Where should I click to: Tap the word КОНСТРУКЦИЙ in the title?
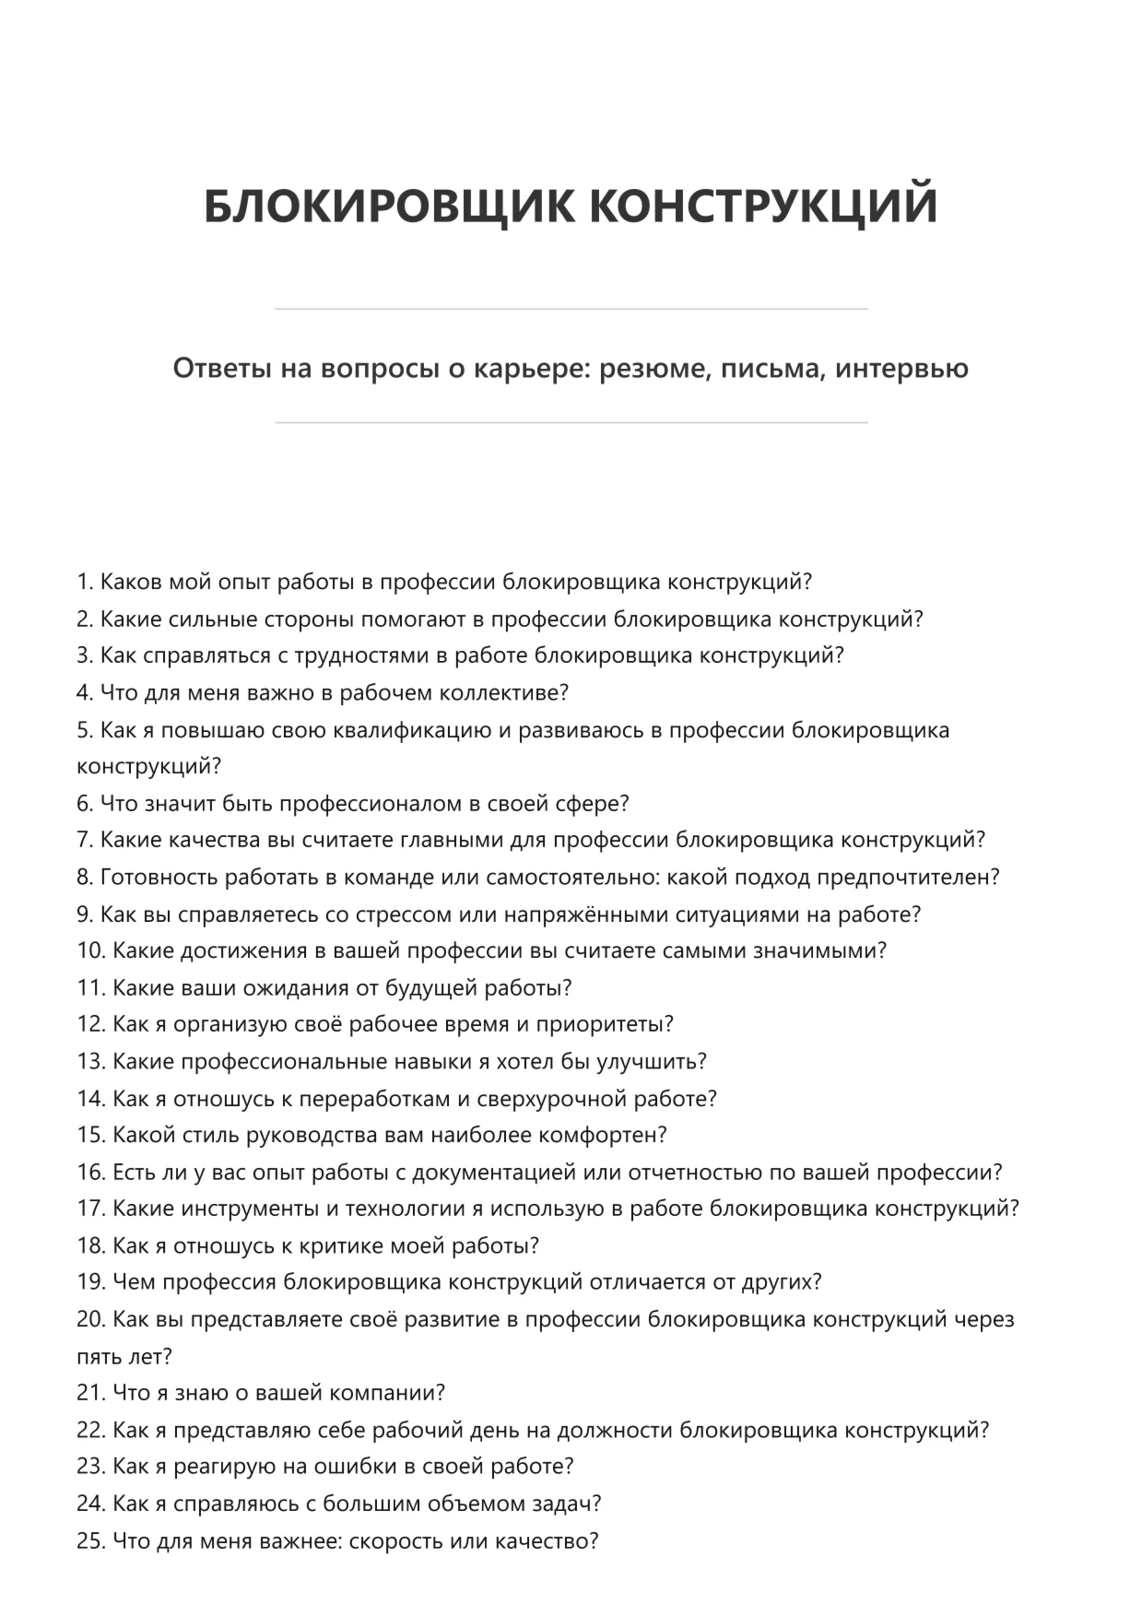[x=763, y=206]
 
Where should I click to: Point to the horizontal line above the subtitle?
[x=571, y=309]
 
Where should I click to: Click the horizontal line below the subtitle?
[x=571, y=423]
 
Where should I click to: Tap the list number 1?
[x=85, y=583]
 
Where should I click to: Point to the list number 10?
[x=91, y=951]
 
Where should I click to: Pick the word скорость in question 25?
[x=399, y=1540]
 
